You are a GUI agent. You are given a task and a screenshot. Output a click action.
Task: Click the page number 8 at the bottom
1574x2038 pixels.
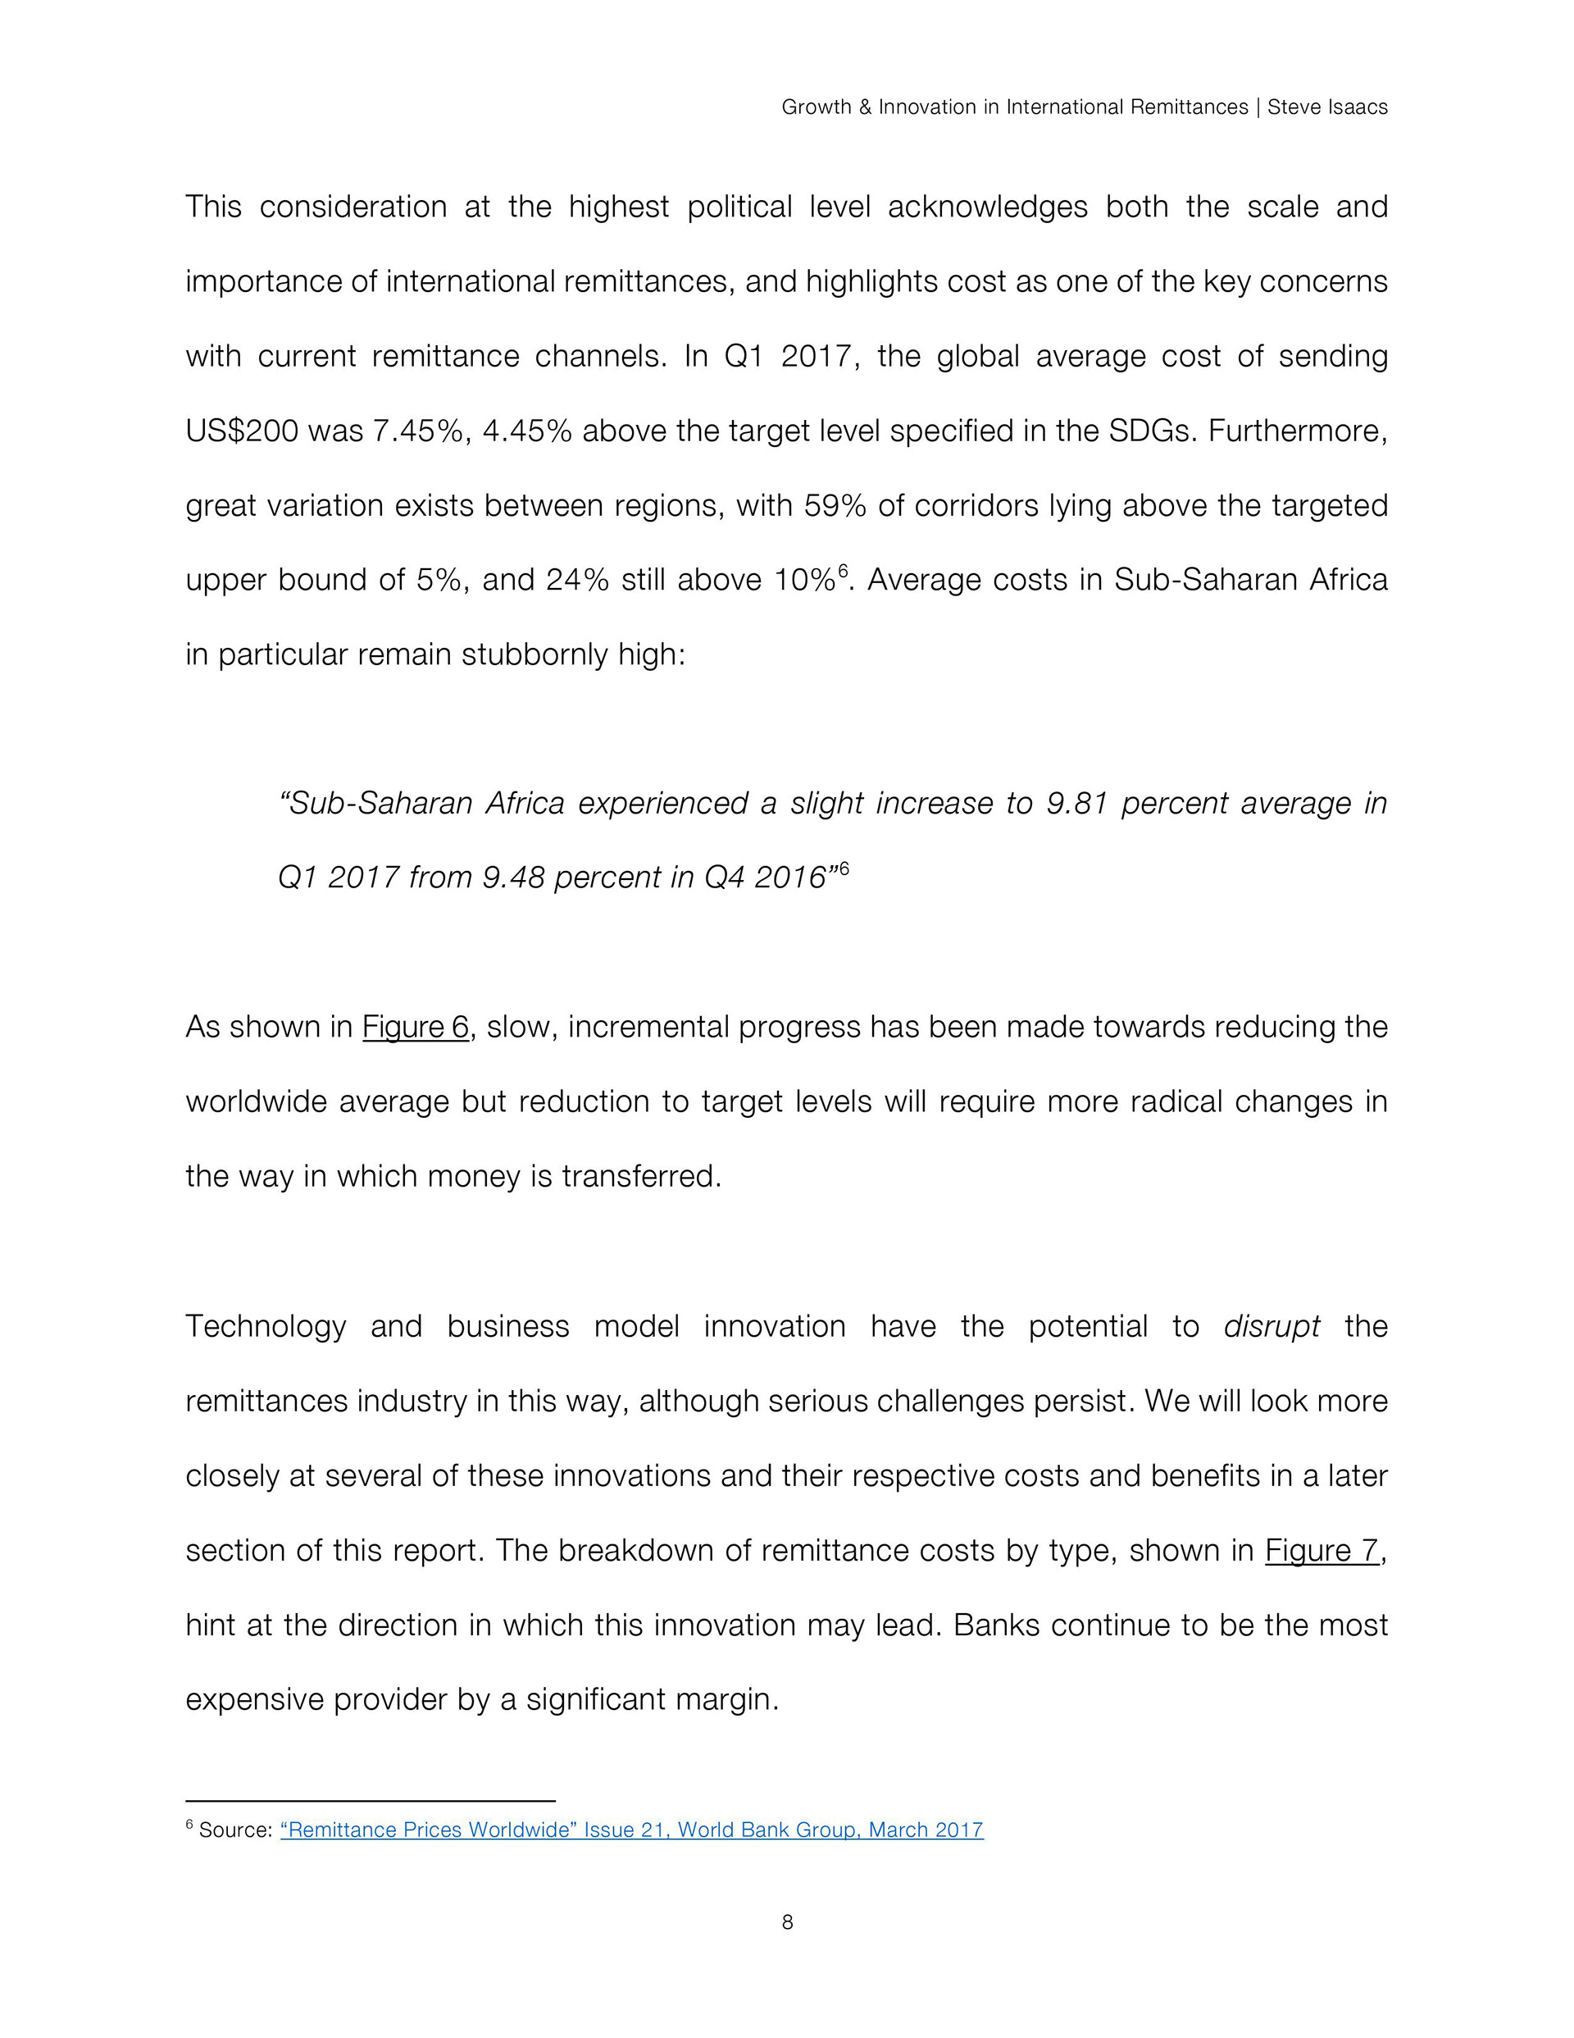pyautogui.click(x=786, y=1922)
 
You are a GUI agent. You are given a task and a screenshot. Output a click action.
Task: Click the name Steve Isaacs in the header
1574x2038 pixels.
pyautogui.click(x=1326, y=107)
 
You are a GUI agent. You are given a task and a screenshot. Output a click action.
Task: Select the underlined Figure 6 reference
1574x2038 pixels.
pyautogui.click(x=415, y=1027)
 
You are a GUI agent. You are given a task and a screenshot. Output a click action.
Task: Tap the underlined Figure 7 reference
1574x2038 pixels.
pyautogui.click(x=1322, y=1550)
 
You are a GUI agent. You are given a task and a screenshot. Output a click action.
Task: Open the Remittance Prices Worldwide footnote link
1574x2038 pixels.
pyautogui.click(x=632, y=1830)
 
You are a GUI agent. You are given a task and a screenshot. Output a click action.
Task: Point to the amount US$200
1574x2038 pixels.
pyautogui.click(x=242, y=431)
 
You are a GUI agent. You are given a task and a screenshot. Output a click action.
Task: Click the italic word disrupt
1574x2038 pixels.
pyautogui.click(x=1271, y=1326)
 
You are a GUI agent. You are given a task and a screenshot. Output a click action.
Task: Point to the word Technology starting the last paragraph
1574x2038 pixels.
pyautogui.click(x=266, y=1326)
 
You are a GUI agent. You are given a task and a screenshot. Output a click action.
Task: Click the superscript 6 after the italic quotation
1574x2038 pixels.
pyautogui.click(x=844, y=869)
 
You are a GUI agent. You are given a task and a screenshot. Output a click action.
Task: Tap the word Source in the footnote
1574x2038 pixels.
pyautogui.click(x=234, y=1830)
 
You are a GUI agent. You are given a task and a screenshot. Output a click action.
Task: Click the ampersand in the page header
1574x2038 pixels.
pyautogui.click(x=864, y=107)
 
